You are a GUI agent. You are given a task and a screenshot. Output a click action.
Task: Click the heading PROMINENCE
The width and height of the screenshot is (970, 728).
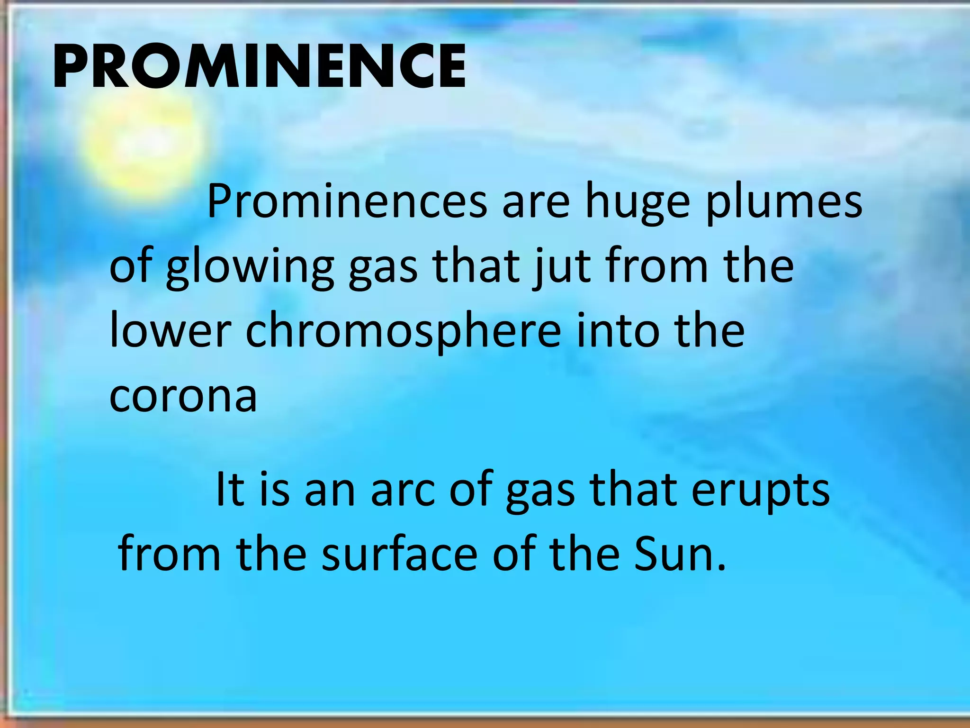[260, 66]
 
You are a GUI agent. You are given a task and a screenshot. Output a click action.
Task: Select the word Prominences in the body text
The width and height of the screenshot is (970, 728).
[347, 202]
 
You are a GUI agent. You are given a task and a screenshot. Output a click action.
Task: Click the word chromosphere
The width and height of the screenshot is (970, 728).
[403, 332]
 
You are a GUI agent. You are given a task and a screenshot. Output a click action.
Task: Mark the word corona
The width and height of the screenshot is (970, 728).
[183, 396]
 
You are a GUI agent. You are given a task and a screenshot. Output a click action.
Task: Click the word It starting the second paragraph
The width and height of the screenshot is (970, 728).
[230, 489]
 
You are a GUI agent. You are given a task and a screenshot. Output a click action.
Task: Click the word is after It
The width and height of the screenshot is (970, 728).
[275, 489]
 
